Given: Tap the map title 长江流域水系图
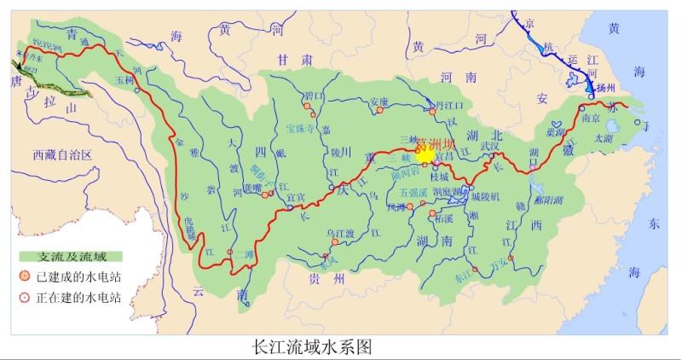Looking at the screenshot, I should pyautogui.click(x=309, y=347).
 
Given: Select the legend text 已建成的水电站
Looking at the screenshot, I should pyautogui.click(x=78, y=276).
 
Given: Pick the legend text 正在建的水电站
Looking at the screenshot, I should pyautogui.click(x=78, y=298).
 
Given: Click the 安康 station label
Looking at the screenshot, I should pyautogui.click(x=379, y=103).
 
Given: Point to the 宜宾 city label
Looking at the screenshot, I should pyautogui.click(x=295, y=197).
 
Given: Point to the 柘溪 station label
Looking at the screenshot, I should pyautogui.click(x=443, y=219).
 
